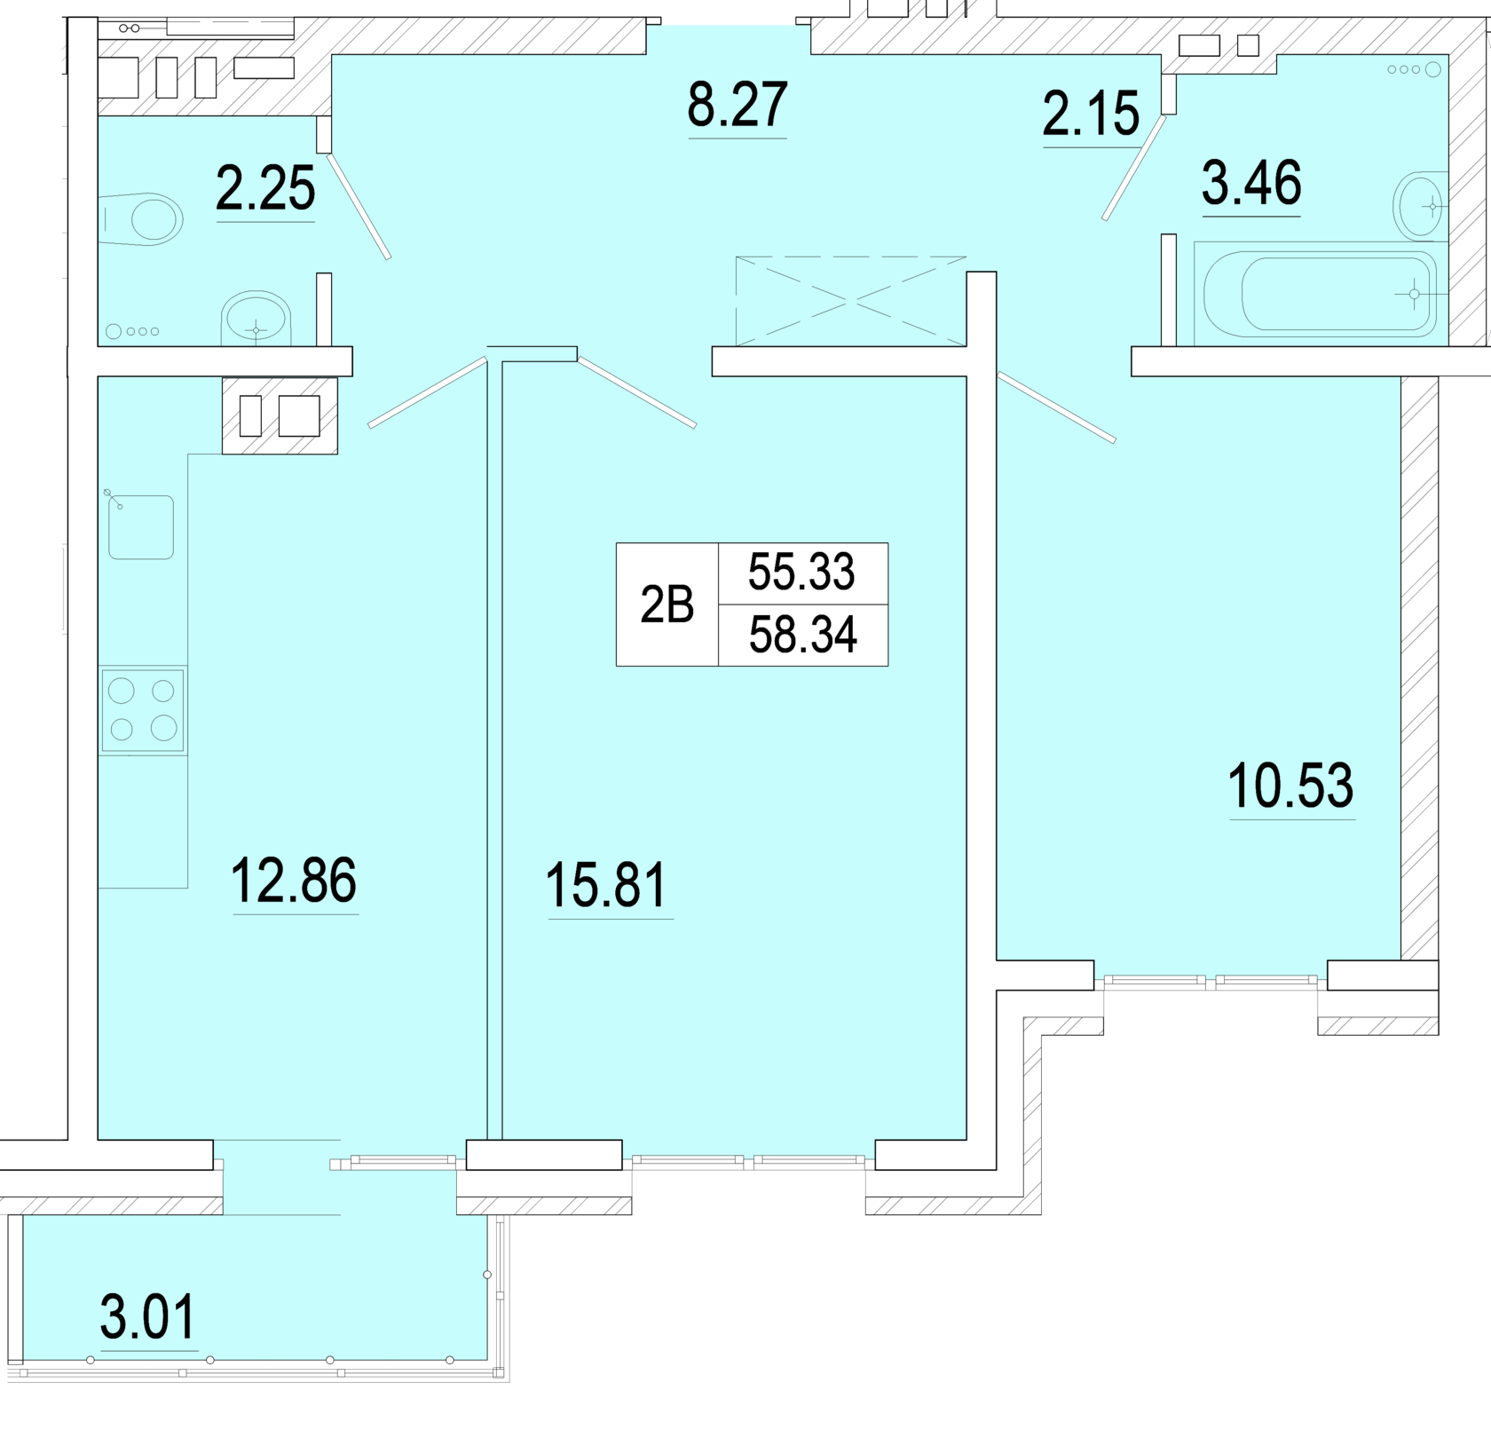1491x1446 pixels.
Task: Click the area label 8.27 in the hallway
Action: pyautogui.click(x=737, y=105)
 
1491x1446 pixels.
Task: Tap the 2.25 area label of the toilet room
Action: pyautogui.click(x=265, y=188)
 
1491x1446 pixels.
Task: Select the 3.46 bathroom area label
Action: pyautogui.click(x=1251, y=183)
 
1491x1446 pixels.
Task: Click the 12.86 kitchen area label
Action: pyautogui.click(x=294, y=880)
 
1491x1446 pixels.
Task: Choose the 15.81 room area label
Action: pyautogui.click(x=606, y=886)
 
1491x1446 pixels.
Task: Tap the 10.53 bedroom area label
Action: pyautogui.click(x=1290, y=786)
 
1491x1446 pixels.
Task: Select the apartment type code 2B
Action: pyautogui.click(x=667, y=605)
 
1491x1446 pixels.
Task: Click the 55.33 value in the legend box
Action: pyautogui.click(x=801, y=572)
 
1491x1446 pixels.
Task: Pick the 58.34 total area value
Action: pyautogui.click(x=802, y=635)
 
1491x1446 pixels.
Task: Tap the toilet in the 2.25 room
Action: pyautogui.click(x=142, y=218)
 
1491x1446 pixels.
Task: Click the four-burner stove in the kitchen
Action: pyautogui.click(x=143, y=710)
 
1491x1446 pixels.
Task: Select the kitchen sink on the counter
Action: pyautogui.click(x=141, y=527)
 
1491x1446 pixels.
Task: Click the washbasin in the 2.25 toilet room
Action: pyautogui.click(x=256, y=318)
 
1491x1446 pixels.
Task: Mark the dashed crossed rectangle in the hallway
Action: pyautogui.click(x=850, y=301)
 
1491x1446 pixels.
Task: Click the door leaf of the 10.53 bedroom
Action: pyautogui.click(x=1056, y=407)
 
